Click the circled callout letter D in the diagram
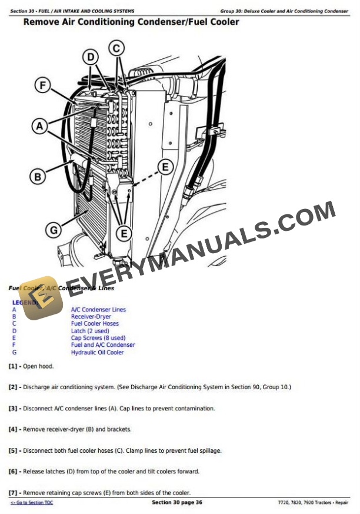[91, 57]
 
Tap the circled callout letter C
[117, 48]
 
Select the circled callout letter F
[42, 86]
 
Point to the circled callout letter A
[39, 126]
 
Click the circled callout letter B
[38, 176]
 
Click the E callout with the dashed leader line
[165, 167]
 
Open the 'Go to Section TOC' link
[32, 503]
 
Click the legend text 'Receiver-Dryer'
[91, 317]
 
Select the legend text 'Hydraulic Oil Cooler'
[98, 353]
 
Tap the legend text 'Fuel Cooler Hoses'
[95, 324]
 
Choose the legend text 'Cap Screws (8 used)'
[98, 338]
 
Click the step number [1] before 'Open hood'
[13, 366]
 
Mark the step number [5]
[13, 451]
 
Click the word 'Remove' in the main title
[42, 22]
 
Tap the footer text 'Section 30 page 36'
[177, 502]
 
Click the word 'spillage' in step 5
[209, 451]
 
